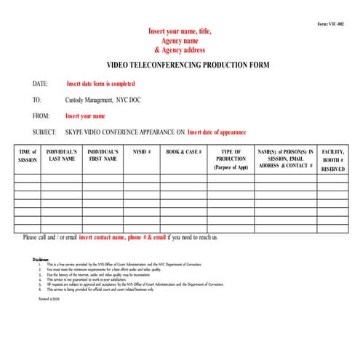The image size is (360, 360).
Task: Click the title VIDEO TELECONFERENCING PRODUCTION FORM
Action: point(188,65)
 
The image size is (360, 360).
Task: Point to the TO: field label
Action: point(37,100)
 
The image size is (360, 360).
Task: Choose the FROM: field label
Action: point(41,116)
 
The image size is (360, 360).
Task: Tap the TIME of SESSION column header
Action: point(27,155)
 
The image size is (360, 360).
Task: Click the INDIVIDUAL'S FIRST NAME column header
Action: point(103,155)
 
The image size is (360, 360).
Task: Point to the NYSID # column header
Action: point(141,151)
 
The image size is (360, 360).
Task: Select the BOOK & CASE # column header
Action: point(183,151)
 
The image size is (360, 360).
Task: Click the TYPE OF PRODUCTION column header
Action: point(231,159)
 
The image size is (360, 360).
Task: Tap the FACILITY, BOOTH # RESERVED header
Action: point(333,159)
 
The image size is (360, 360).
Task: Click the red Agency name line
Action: point(180,41)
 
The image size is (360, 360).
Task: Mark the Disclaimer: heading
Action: point(41,259)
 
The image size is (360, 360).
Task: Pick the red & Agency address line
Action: point(180,51)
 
